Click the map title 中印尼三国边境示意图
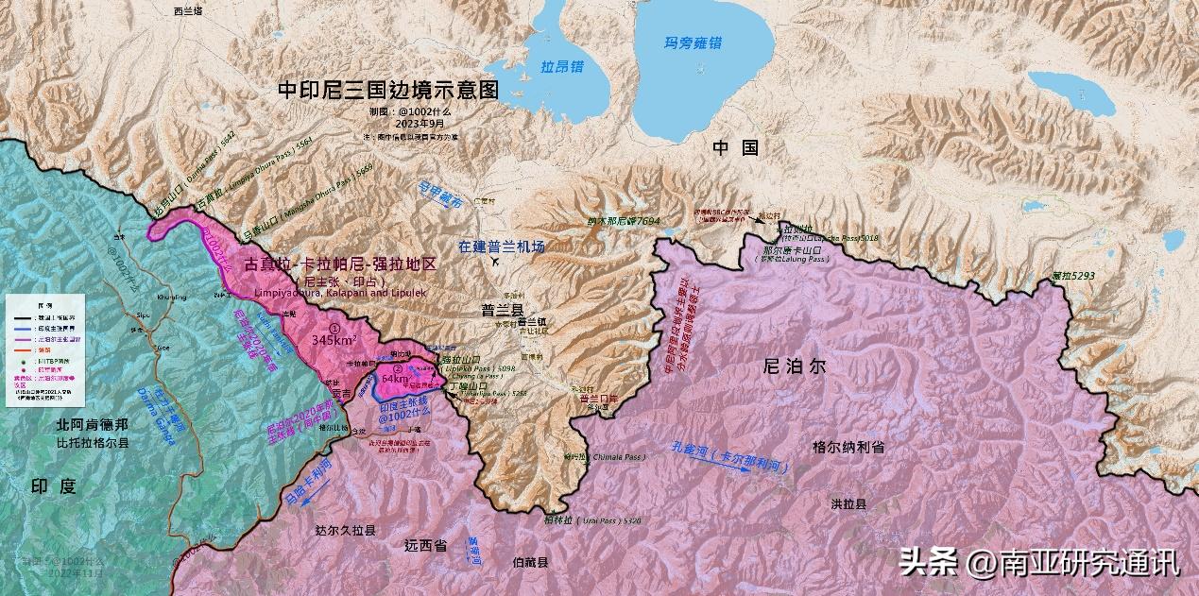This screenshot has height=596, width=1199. pyautogui.click(x=387, y=90)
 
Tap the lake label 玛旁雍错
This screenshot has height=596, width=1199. pyautogui.click(x=693, y=43)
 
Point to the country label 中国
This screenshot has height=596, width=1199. pyautogui.click(x=735, y=147)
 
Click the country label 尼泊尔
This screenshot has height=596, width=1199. pyautogui.click(x=798, y=366)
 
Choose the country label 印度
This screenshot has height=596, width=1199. pyautogui.click(x=53, y=487)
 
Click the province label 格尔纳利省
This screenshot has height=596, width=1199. pyautogui.click(x=848, y=448)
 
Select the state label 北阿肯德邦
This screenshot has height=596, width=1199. pyautogui.click(x=91, y=425)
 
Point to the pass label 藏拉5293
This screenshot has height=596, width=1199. pyautogui.click(x=1072, y=276)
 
